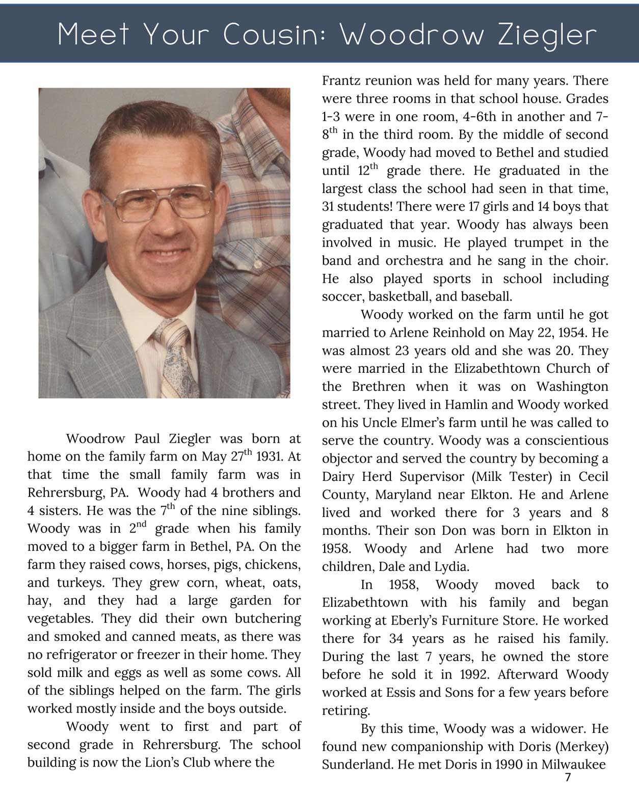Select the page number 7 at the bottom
pyautogui.click(x=568, y=777)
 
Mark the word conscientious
pyautogui.click(x=567, y=441)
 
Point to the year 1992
pyautogui.click(x=474, y=675)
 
